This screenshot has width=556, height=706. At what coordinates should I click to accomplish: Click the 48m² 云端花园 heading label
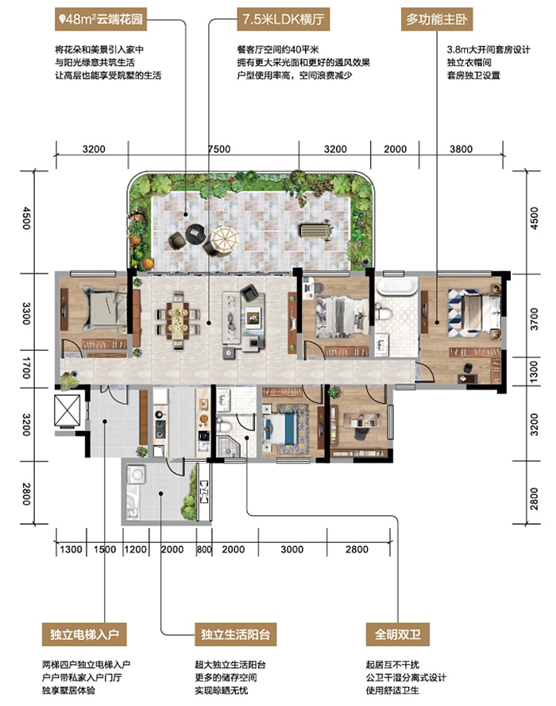point(101,19)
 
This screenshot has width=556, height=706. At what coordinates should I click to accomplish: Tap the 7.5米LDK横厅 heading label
point(283,19)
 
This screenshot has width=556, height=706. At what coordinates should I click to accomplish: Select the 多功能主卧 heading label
point(436,19)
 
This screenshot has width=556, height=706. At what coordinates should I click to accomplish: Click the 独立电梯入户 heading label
point(84,634)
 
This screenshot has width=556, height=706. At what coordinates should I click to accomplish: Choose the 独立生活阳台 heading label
point(235,634)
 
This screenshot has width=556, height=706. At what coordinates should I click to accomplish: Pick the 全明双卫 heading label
point(398,634)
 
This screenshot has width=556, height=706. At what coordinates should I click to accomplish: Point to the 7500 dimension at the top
point(219,149)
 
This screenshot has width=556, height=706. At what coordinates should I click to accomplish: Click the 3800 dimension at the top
point(461,149)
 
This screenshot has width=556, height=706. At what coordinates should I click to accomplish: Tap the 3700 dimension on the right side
point(534,319)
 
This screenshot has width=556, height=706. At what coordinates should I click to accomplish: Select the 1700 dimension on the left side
point(26,368)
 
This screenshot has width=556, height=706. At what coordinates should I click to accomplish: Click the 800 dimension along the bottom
point(204,549)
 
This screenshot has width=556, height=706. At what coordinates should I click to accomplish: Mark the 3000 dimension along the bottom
point(292,549)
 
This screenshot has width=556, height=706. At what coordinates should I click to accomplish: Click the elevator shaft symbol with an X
point(67,410)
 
